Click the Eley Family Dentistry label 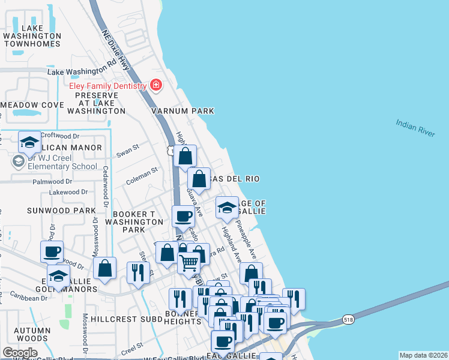[x=108, y=86]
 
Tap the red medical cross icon [x=156, y=86]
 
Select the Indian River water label [x=415, y=128]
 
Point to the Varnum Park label [x=182, y=111]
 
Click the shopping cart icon [x=189, y=262]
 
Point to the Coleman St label [x=142, y=175]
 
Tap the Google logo [x=20, y=353]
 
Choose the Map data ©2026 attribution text [x=423, y=355]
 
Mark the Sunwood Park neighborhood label [x=61, y=211]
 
